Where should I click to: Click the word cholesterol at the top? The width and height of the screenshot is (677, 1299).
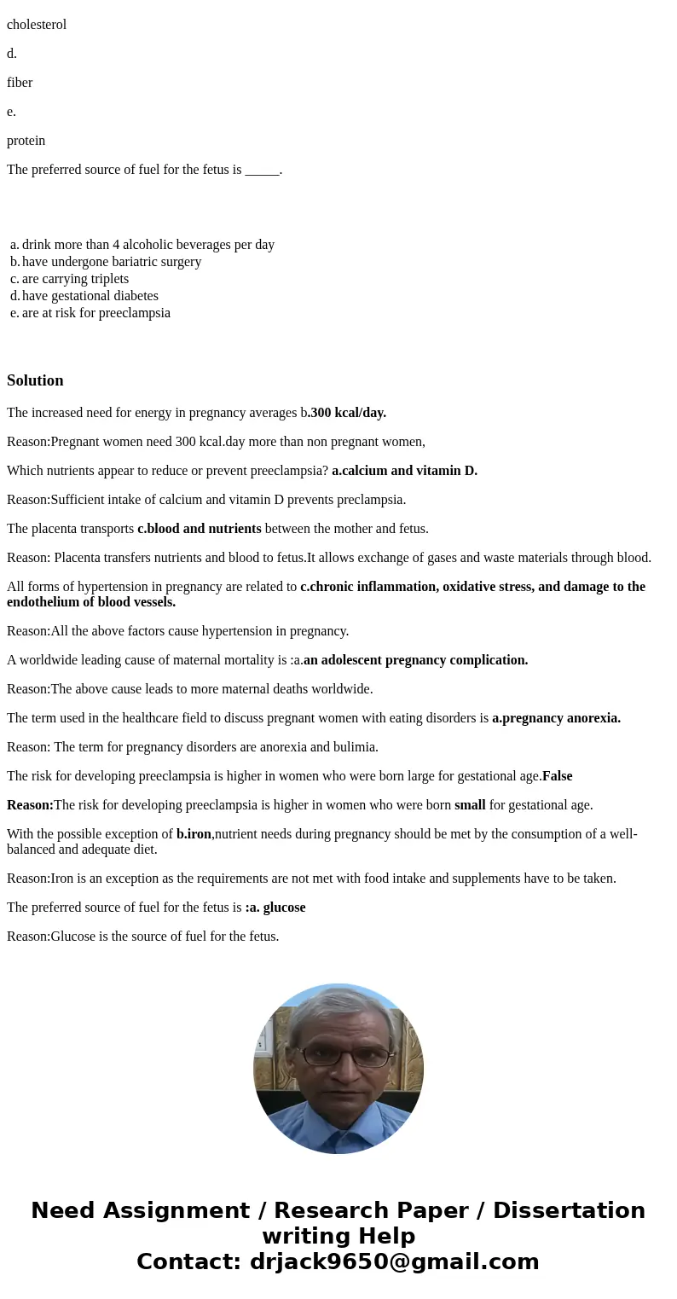(37, 25)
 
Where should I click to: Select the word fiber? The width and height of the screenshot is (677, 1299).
(20, 83)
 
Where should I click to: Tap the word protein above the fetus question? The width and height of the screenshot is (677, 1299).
(26, 141)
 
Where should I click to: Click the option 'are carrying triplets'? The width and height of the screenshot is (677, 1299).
(75, 279)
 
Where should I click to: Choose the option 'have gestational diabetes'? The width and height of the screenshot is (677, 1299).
(90, 296)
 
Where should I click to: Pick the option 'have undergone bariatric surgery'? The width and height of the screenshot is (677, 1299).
(111, 262)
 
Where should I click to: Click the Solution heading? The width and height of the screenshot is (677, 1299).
(35, 380)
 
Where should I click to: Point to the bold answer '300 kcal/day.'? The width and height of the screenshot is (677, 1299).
(348, 413)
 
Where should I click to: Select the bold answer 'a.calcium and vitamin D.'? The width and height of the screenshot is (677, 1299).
(404, 471)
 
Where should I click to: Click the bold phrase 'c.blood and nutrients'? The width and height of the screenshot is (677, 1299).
(199, 529)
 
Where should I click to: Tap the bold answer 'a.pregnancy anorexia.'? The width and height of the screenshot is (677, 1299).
(556, 718)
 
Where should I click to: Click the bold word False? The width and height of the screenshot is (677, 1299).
(557, 776)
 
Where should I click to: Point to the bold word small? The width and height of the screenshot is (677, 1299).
(470, 805)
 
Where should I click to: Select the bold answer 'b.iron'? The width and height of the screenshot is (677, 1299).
(194, 834)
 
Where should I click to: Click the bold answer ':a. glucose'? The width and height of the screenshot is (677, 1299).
(275, 908)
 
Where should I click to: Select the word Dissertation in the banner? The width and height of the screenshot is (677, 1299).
(569, 1210)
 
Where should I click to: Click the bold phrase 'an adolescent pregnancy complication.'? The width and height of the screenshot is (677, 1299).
(415, 660)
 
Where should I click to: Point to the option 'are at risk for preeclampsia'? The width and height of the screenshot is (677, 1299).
(95, 313)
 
